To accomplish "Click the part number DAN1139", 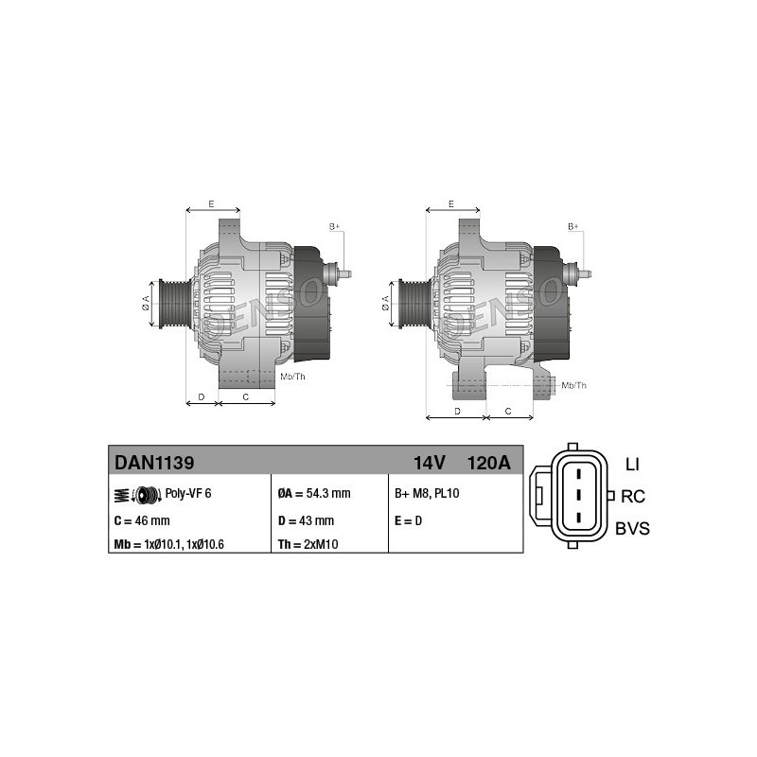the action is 154,463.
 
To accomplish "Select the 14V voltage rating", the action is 430,463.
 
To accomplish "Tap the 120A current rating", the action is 488,463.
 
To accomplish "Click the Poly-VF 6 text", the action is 188,493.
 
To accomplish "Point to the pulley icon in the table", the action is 138,495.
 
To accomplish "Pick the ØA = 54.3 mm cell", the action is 314,493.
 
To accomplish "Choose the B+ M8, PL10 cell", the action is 427,493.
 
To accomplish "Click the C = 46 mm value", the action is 142,520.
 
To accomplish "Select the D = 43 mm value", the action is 306,520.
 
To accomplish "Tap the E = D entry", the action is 409,520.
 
